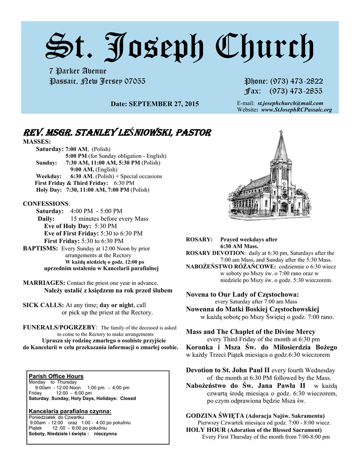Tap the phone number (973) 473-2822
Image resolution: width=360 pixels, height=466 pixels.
(x=296, y=81)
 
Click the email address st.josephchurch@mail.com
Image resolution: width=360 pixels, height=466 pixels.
(x=290, y=103)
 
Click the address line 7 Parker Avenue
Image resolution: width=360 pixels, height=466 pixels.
(x=78, y=71)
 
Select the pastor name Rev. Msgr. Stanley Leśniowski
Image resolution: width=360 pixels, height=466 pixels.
(x=117, y=133)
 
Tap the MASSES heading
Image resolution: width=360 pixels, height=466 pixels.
(x=37, y=142)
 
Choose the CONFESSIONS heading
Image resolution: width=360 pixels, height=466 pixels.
(x=46, y=203)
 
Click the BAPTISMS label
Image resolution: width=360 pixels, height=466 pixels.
(x=41, y=248)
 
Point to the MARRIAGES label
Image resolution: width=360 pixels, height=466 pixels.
(x=44, y=283)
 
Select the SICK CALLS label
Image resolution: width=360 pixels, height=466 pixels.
(x=43, y=305)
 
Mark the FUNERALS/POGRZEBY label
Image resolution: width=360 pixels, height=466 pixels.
(x=60, y=327)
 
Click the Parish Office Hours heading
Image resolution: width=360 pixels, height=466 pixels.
(x=56, y=376)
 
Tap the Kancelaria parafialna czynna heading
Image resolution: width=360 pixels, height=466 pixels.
(x=70, y=411)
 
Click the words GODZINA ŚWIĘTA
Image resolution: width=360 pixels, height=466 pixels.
(x=215, y=415)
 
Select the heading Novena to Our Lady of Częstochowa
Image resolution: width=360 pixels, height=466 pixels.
(x=242, y=294)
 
